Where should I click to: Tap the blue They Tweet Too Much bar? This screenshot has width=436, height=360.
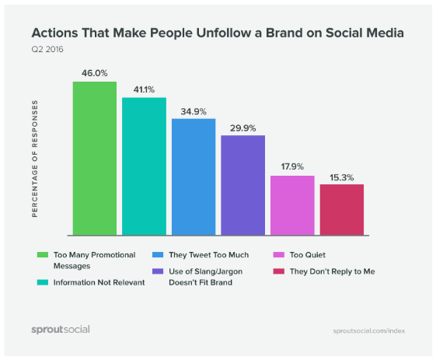tap(194, 177)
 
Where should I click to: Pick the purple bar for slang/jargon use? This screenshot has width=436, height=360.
tap(242, 185)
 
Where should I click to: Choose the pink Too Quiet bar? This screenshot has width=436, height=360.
tap(292, 205)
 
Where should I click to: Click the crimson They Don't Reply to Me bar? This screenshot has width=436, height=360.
tap(341, 209)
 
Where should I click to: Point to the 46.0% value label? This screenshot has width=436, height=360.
tap(95, 73)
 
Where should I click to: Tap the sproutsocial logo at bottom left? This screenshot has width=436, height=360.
tap(61, 329)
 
